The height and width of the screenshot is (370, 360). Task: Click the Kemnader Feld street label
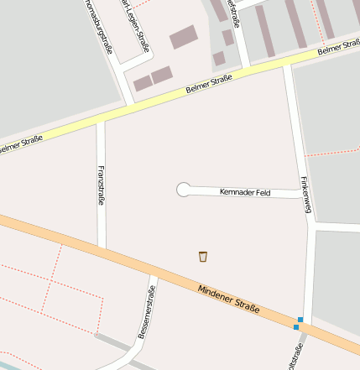(244, 192)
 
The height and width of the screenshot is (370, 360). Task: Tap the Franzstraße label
(102, 185)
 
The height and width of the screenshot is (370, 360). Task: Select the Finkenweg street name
(306, 195)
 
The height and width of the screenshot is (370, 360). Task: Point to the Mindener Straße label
(229, 299)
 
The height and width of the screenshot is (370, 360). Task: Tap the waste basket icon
(203, 255)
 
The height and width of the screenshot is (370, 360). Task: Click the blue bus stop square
(300, 320)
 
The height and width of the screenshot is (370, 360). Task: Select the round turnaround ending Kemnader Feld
(183, 190)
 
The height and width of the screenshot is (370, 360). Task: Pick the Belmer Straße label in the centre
(208, 85)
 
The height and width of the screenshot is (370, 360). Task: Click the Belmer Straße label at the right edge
(339, 50)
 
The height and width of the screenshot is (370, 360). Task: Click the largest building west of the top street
(183, 37)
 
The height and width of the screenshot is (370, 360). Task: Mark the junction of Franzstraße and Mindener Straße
(102, 248)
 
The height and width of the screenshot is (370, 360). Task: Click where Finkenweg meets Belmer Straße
(287, 65)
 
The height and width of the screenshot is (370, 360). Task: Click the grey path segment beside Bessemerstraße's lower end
(113, 342)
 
